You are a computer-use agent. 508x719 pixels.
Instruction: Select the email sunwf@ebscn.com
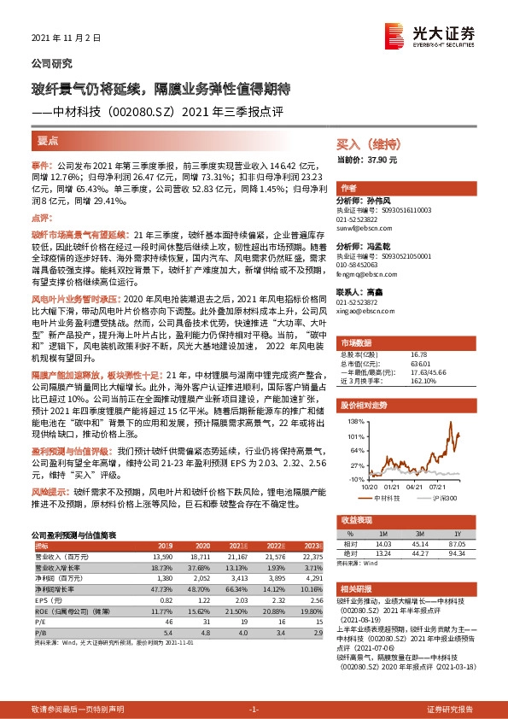363,229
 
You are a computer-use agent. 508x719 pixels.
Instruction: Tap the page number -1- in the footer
254,709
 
